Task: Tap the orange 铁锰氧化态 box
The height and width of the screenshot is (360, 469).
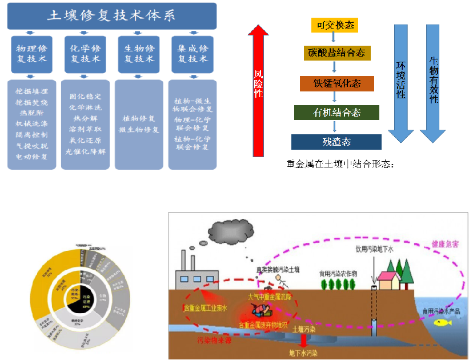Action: (x=337, y=83)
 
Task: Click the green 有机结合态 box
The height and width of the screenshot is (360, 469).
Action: (x=336, y=112)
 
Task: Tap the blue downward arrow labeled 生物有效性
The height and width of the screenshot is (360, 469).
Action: (x=434, y=80)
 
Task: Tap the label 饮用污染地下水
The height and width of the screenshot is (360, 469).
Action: (x=376, y=249)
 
